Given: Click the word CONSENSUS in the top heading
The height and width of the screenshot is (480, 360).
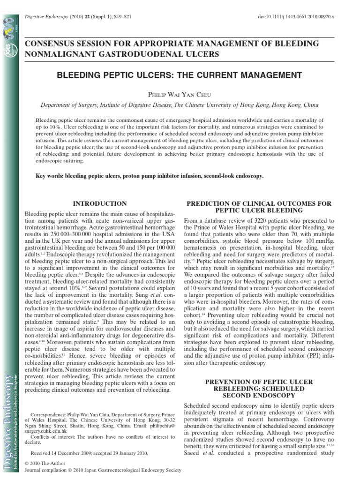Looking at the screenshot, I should (x=49, y=43).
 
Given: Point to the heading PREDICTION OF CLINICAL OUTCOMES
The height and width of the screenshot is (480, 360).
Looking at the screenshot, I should (x=259, y=203).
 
